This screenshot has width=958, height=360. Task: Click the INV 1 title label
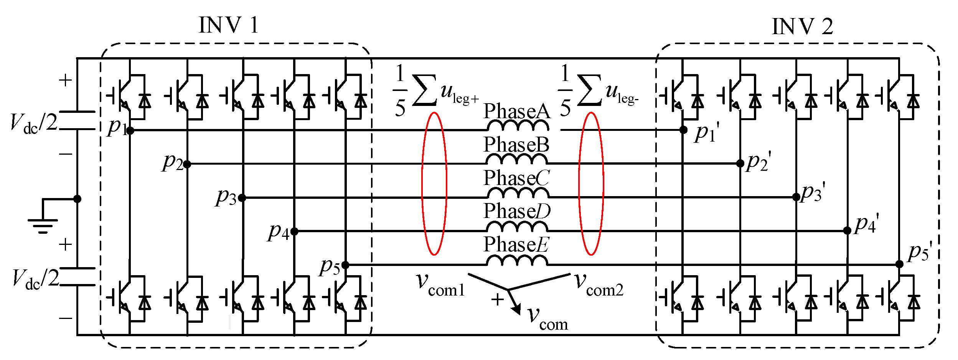(x=229, y=25)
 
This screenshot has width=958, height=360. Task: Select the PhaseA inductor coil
(x=518, y=126)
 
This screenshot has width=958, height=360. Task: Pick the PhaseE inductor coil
(x=517, y=261)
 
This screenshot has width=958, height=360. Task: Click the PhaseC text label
(x=516, y=178)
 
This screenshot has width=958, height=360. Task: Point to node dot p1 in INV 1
(x=130, y=130)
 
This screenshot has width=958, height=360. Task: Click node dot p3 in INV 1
(x=242, y=198)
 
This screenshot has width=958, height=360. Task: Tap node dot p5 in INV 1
(x=345, y=265)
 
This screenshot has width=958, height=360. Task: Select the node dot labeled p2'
(x=740, y=163)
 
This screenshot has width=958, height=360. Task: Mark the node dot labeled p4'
(x=848, y=231)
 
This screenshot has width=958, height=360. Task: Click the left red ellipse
(x=434, y=183)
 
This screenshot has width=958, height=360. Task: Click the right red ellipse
(x=591, y=183)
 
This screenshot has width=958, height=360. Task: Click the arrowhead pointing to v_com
(x=516, y=309)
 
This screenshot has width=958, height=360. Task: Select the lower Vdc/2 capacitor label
(x=35, y=279)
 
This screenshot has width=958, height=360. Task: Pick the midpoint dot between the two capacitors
(x=77, y=199)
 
